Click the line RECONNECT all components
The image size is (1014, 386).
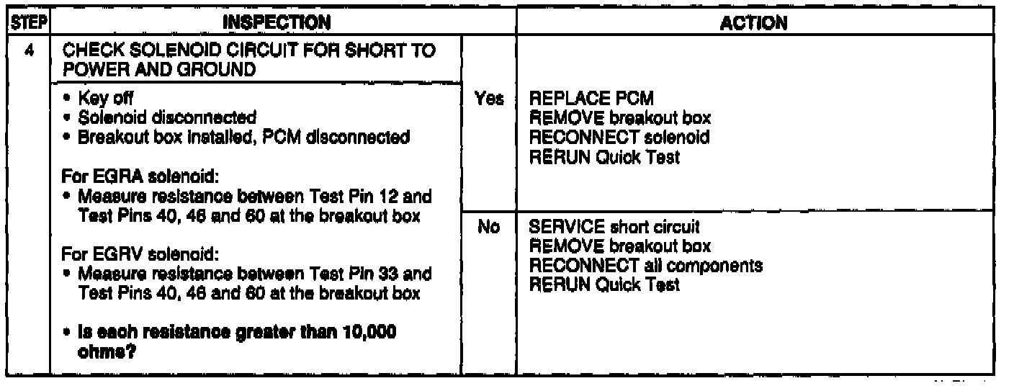tap(646, 266)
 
